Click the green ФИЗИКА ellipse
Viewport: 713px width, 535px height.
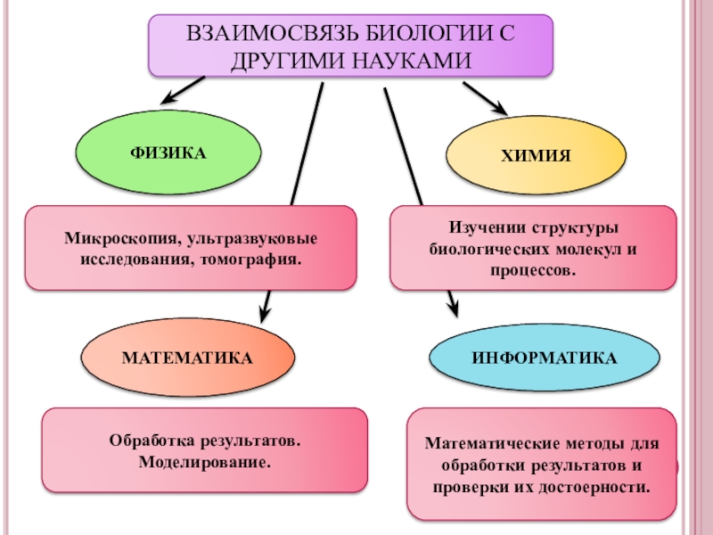click(x=168, y=153)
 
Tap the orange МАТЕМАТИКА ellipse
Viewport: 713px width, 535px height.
click(x=187, y=358)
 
